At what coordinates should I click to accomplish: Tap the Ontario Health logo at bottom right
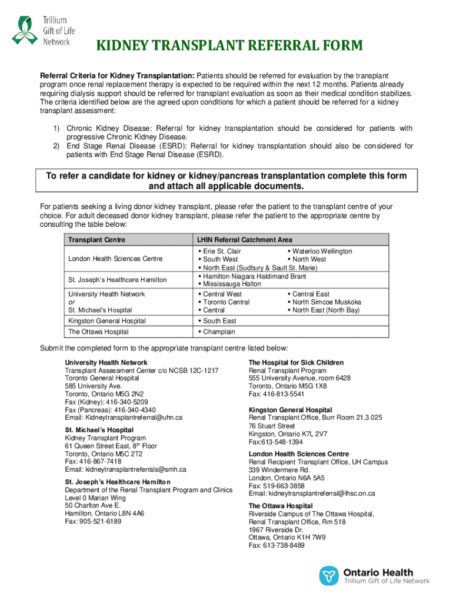(374, 575)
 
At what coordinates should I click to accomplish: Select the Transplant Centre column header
(96, 240)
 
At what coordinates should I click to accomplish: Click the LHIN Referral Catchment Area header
(245, 240)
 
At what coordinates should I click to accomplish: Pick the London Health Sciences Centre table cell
(115, 259)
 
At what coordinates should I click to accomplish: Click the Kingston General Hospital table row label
(107, 321)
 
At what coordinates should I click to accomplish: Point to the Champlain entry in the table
(219, 332)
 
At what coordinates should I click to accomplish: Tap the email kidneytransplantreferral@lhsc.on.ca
(312, 493)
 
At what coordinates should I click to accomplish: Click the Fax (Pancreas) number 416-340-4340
(110, 410)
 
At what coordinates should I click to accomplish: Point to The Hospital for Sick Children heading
(296, 363)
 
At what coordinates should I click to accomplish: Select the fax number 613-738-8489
(277, 546)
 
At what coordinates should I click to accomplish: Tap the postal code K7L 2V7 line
(288, 434)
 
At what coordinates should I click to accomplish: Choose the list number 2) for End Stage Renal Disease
(57, 146)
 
